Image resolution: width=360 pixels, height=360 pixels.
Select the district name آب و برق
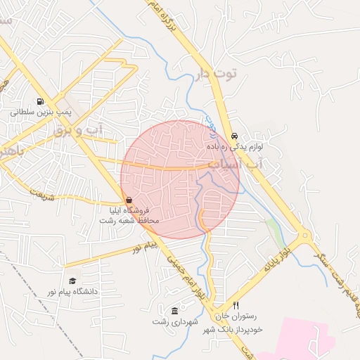coord(79,130)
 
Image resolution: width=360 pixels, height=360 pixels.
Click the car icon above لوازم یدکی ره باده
coord(234,136)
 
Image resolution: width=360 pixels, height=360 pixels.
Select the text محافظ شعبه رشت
coord(129,220)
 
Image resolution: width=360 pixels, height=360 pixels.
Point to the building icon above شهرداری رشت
coord(175,311)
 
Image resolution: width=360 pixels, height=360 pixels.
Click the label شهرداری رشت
coord(175,321)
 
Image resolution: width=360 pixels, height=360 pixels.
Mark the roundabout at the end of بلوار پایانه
coord(305,237)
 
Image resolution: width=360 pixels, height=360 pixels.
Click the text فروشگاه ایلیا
coord(129,210)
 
